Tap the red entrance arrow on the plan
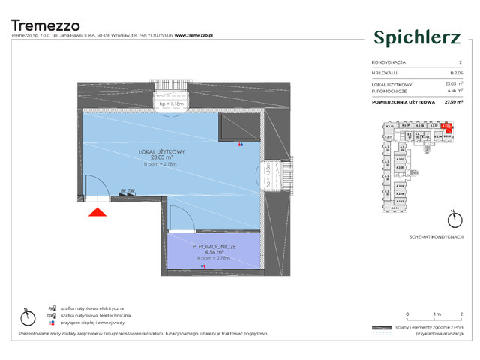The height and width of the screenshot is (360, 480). click(96, 212)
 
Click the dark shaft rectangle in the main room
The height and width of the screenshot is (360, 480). click(238, 128)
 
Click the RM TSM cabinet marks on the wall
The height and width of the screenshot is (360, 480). click(127, 191)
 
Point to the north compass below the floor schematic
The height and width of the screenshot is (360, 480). click(451, 220)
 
